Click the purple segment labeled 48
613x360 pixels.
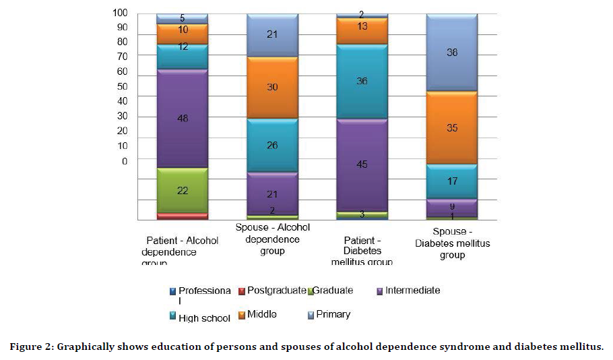point(182,119)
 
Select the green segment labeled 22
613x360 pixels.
point(182,191)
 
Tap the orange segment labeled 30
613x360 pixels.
point(273,88)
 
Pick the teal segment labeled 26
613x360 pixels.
point(273,145)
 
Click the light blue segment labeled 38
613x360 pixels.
point(452,52)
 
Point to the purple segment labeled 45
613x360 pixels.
point(362,165)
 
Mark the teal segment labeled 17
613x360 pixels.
point(452,181)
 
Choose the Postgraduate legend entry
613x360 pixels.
point(276,291)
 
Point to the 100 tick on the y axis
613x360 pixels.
point(120,12)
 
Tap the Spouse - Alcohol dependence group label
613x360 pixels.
point(273,239)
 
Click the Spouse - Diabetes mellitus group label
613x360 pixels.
point(452,243)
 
